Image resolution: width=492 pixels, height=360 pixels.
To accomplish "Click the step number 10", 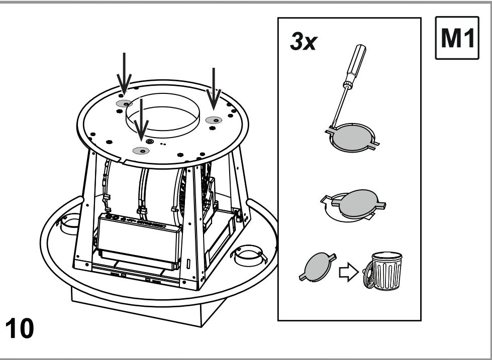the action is [20, 328].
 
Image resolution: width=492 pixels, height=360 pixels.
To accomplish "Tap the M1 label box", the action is [457, 38].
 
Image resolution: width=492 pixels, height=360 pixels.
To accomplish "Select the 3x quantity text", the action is [304, 41].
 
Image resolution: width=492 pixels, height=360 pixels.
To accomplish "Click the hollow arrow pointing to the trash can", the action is [349, 272].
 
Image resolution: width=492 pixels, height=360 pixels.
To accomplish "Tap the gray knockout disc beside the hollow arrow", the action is [318, 267].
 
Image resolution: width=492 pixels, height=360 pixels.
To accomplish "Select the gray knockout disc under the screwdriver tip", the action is [352, 138].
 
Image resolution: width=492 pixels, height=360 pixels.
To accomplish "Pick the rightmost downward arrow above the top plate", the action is [214, 89].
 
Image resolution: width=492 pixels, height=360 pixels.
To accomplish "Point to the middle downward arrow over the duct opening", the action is [141, 120].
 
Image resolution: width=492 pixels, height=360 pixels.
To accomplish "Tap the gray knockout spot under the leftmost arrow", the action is [125, 103].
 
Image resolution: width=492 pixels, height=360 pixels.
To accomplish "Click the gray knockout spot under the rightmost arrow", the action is [214, 120].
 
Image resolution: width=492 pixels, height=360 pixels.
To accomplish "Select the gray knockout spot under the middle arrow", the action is [141, 151].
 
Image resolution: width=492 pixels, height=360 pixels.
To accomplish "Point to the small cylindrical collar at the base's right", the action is [248, 255].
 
